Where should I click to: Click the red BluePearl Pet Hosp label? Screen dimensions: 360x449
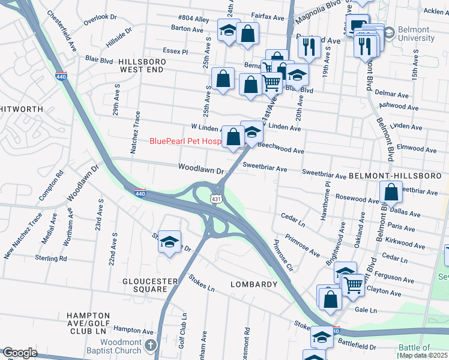click(x=185, y=142)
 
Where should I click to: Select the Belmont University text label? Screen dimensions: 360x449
click(x=417, y=34)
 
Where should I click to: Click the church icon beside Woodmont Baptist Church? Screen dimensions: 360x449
click(x=150, y=345)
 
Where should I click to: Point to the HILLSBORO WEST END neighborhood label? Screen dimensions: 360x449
click(x=140, y=66)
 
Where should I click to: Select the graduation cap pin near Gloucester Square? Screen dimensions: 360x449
click(x=170, y=242)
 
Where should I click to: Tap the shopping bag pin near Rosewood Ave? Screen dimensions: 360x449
click(x=391, y=193)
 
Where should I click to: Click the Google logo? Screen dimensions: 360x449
click(x=19, y=353)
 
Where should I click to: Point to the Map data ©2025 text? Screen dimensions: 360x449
click(x=423, y=355)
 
